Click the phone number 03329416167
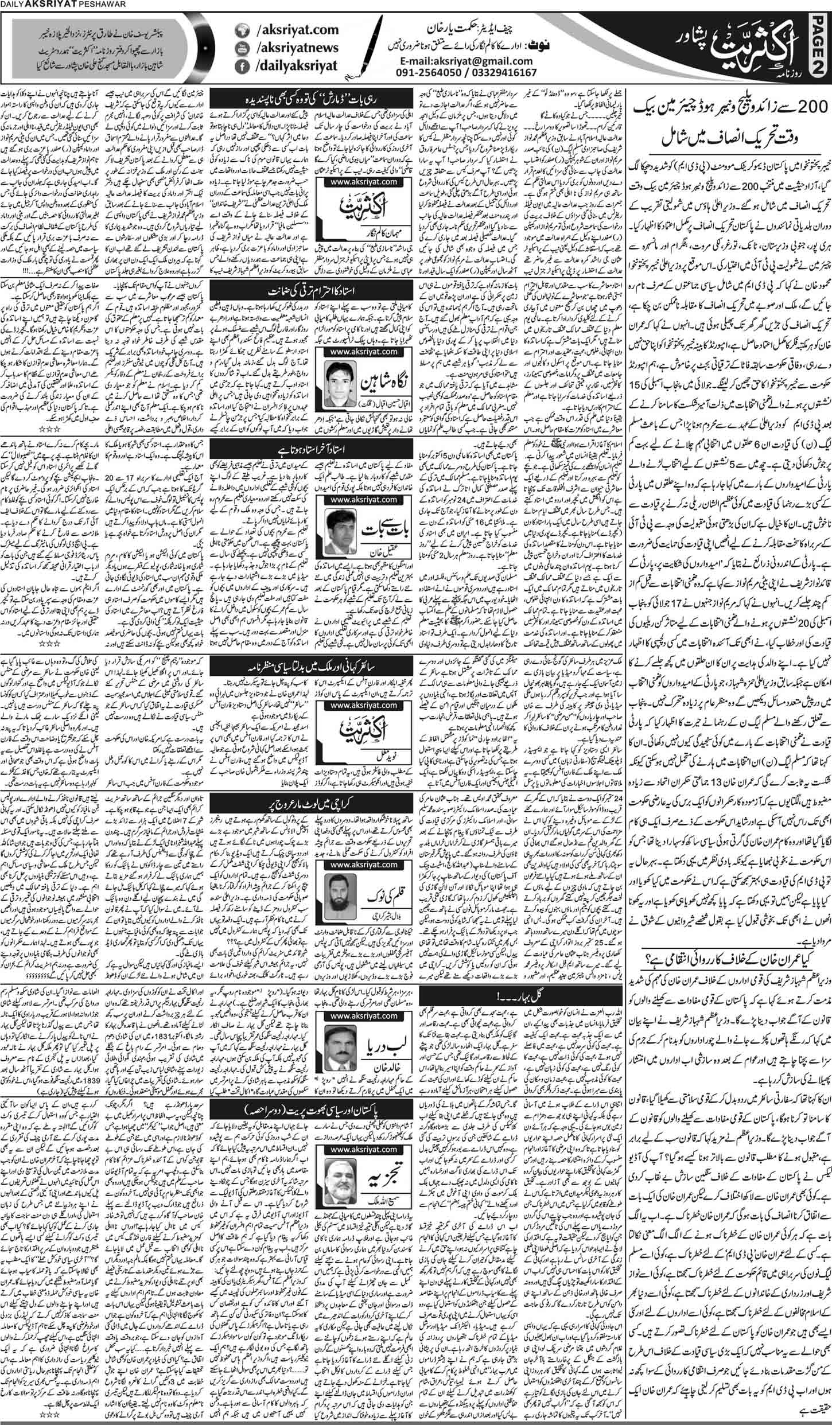click(505, 72)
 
